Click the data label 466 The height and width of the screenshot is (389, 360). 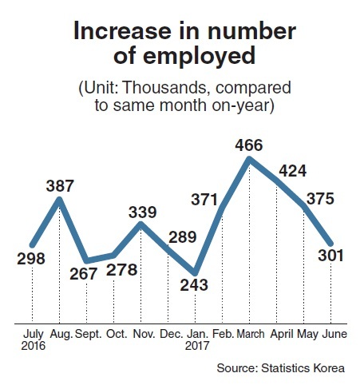click(x=249, y=145)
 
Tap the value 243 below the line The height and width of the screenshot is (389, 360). click(x=194, y=285)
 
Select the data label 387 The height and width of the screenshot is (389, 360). click(x=60, y=186)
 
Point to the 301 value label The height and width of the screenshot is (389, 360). click(x=330, y=255)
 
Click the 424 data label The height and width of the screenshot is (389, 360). click(x=292, y=171)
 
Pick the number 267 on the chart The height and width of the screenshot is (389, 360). click(x=83, y=274)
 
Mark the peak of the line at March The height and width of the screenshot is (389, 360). click(x=249, y=159)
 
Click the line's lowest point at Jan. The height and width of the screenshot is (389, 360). click(x=195, y=273)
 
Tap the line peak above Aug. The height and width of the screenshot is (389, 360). click(x=60, y=199)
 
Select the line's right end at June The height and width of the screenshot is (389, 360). click(x=330, y=244)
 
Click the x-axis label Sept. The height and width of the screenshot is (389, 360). click(x=89, y=334)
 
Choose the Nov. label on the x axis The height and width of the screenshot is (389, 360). click(x=144, y=334)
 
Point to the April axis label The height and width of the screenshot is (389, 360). click(x=282, y=335)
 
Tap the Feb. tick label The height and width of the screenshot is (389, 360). click(x=224, y=334)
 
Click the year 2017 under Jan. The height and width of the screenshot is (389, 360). click(x=197, y=346)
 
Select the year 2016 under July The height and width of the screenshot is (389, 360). click(x=34, y=346)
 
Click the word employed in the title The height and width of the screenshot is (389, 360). click(x=200, y=57)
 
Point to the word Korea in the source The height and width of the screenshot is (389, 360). click(x=329, y=368)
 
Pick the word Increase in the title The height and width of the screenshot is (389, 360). click(x=122, y=31)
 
